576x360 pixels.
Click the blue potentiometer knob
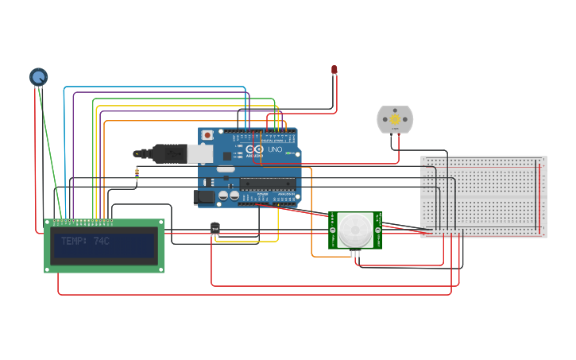38,77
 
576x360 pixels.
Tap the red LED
334,71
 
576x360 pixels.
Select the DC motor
395,120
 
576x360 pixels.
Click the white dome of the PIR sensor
354,230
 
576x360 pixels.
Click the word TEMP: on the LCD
74,241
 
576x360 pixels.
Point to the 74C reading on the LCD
101,241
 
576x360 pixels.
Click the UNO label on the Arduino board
275,149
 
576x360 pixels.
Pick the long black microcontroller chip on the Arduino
268,184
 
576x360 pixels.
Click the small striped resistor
137,174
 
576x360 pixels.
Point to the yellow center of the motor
395,120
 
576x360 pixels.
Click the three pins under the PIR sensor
355,254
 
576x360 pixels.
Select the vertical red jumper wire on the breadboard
539,198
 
